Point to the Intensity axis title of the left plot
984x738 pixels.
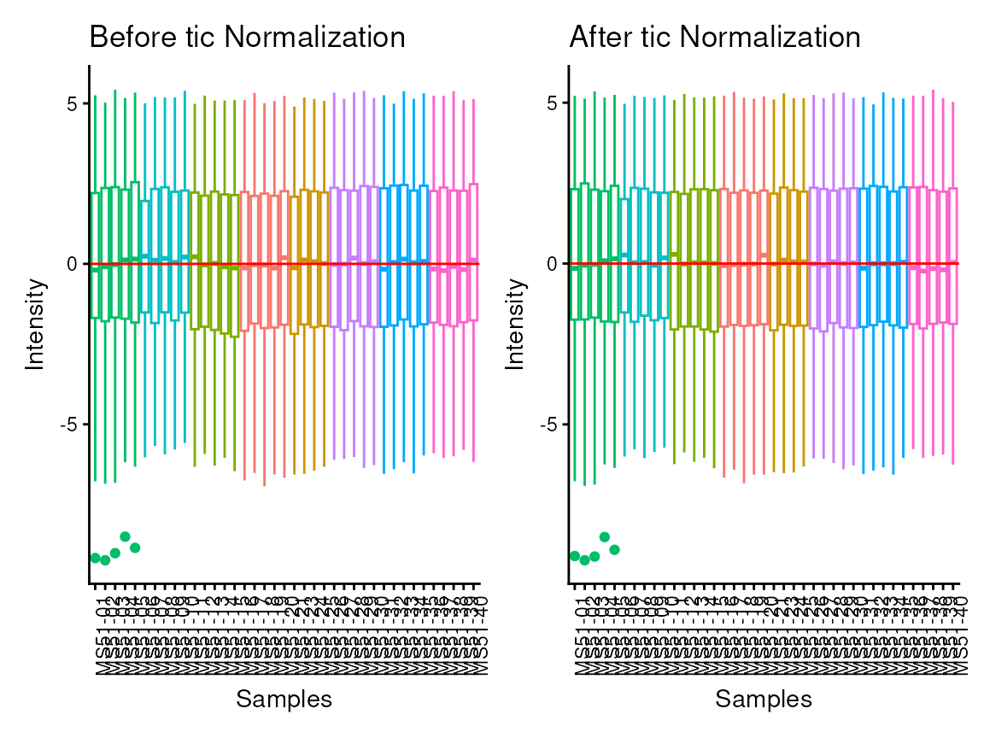click(x=35, y=323)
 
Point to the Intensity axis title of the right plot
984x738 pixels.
click(x=514, y=323)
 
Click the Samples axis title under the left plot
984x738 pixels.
click(x=284, y=699)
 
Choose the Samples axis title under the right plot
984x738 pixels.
click(x=764, y=699)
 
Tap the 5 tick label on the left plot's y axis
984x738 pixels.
click(x=73, y=103)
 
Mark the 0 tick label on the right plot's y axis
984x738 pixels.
click(x=552, y=264)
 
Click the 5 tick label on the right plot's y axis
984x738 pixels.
click(x=552, y=103)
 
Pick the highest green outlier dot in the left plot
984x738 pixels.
click(x=125, y=536)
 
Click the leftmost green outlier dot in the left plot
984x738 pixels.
click(x=95, y=558)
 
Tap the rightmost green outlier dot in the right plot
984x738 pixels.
click(x=614, y=549)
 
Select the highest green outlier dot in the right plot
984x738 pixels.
click(x=605, y=536)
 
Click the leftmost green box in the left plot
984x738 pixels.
click(x=95, y=256)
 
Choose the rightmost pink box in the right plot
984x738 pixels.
click(x=953, y=256)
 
